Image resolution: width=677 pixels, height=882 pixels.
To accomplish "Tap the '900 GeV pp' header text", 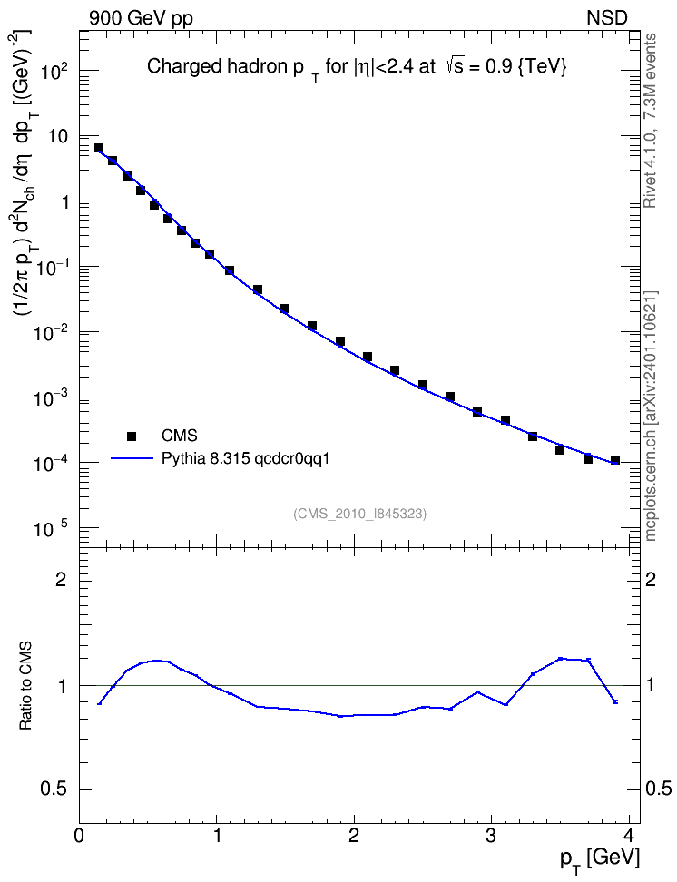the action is (141, 18).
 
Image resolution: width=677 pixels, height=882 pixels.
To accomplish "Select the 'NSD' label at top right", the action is (606, 18).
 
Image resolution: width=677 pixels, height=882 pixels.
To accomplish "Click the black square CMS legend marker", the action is (132, 436).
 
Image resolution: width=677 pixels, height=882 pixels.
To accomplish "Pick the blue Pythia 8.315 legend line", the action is (132, 458).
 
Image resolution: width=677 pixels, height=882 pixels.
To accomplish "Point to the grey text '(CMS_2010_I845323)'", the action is (359, 514).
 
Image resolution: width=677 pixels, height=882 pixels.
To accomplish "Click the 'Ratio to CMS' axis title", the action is (25, 685).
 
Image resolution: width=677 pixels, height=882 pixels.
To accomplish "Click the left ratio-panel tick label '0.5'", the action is (54, 789).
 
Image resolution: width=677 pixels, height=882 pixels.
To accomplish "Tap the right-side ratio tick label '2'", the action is (651, 580).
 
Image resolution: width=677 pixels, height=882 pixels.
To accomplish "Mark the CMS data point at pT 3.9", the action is (615, 460).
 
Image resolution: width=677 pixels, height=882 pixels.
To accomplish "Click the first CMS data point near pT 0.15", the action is (99, 148).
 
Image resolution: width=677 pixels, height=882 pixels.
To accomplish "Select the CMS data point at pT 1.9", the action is (340, 341).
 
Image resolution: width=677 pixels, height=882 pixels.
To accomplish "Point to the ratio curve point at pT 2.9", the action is (477, 691).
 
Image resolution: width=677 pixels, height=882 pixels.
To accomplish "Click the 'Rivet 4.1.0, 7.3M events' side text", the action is (650, 121).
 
